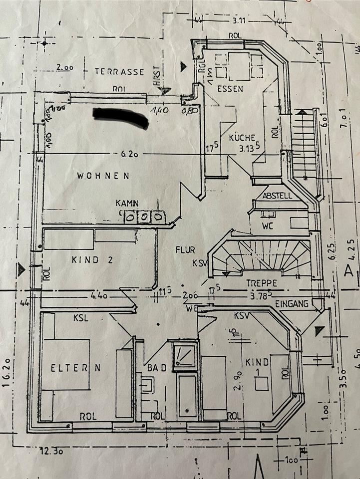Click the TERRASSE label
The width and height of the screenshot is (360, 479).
[119, 72]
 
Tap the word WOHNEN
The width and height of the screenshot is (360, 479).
[103, 176]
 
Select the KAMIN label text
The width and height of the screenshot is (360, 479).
[127, 204]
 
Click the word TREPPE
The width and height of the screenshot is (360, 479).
[262, 282]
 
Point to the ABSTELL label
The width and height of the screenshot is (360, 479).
[277, 196]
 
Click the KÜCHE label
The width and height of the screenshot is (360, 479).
[242, 138]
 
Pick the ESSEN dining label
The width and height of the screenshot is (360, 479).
[230, 89]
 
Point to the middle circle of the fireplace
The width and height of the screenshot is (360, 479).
[143, 217]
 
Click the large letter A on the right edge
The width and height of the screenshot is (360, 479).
[349, 272]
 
